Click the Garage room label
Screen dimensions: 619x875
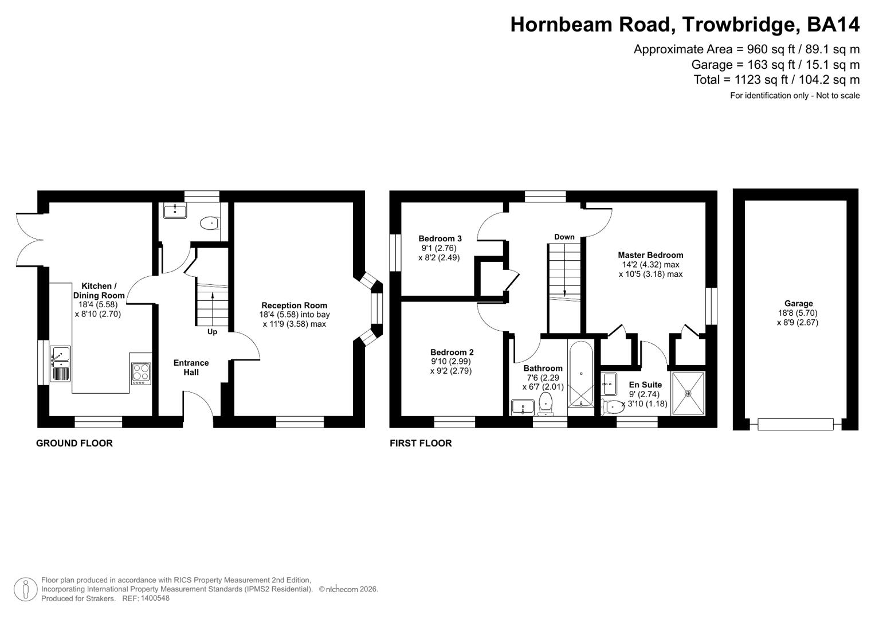pos(798,304)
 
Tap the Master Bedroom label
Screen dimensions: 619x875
pos(650,255)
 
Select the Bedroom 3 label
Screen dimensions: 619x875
pos(440,238)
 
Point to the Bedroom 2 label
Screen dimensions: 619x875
pos(452,352)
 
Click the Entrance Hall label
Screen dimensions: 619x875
pos(191,367)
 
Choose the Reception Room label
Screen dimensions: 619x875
pos(294,305)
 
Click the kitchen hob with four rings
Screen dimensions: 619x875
pos(141,373)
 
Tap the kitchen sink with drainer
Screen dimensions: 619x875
pos(60,364)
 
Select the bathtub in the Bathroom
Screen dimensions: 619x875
pos(581,374)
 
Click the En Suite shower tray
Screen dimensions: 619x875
pos(688,393)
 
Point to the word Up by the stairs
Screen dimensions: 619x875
pos(212,332)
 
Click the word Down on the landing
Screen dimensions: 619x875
pos(564,237)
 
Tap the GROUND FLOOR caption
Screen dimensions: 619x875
pos(74,443)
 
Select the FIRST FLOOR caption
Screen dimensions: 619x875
pos(421,443)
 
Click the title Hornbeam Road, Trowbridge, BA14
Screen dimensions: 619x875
pos(684,25)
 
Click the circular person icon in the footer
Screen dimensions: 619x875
pos(25,589)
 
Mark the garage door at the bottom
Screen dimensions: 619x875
pos(795,424)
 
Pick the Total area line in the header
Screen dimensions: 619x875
pos(776,80)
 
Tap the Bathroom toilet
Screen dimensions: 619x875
pos(546,403)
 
